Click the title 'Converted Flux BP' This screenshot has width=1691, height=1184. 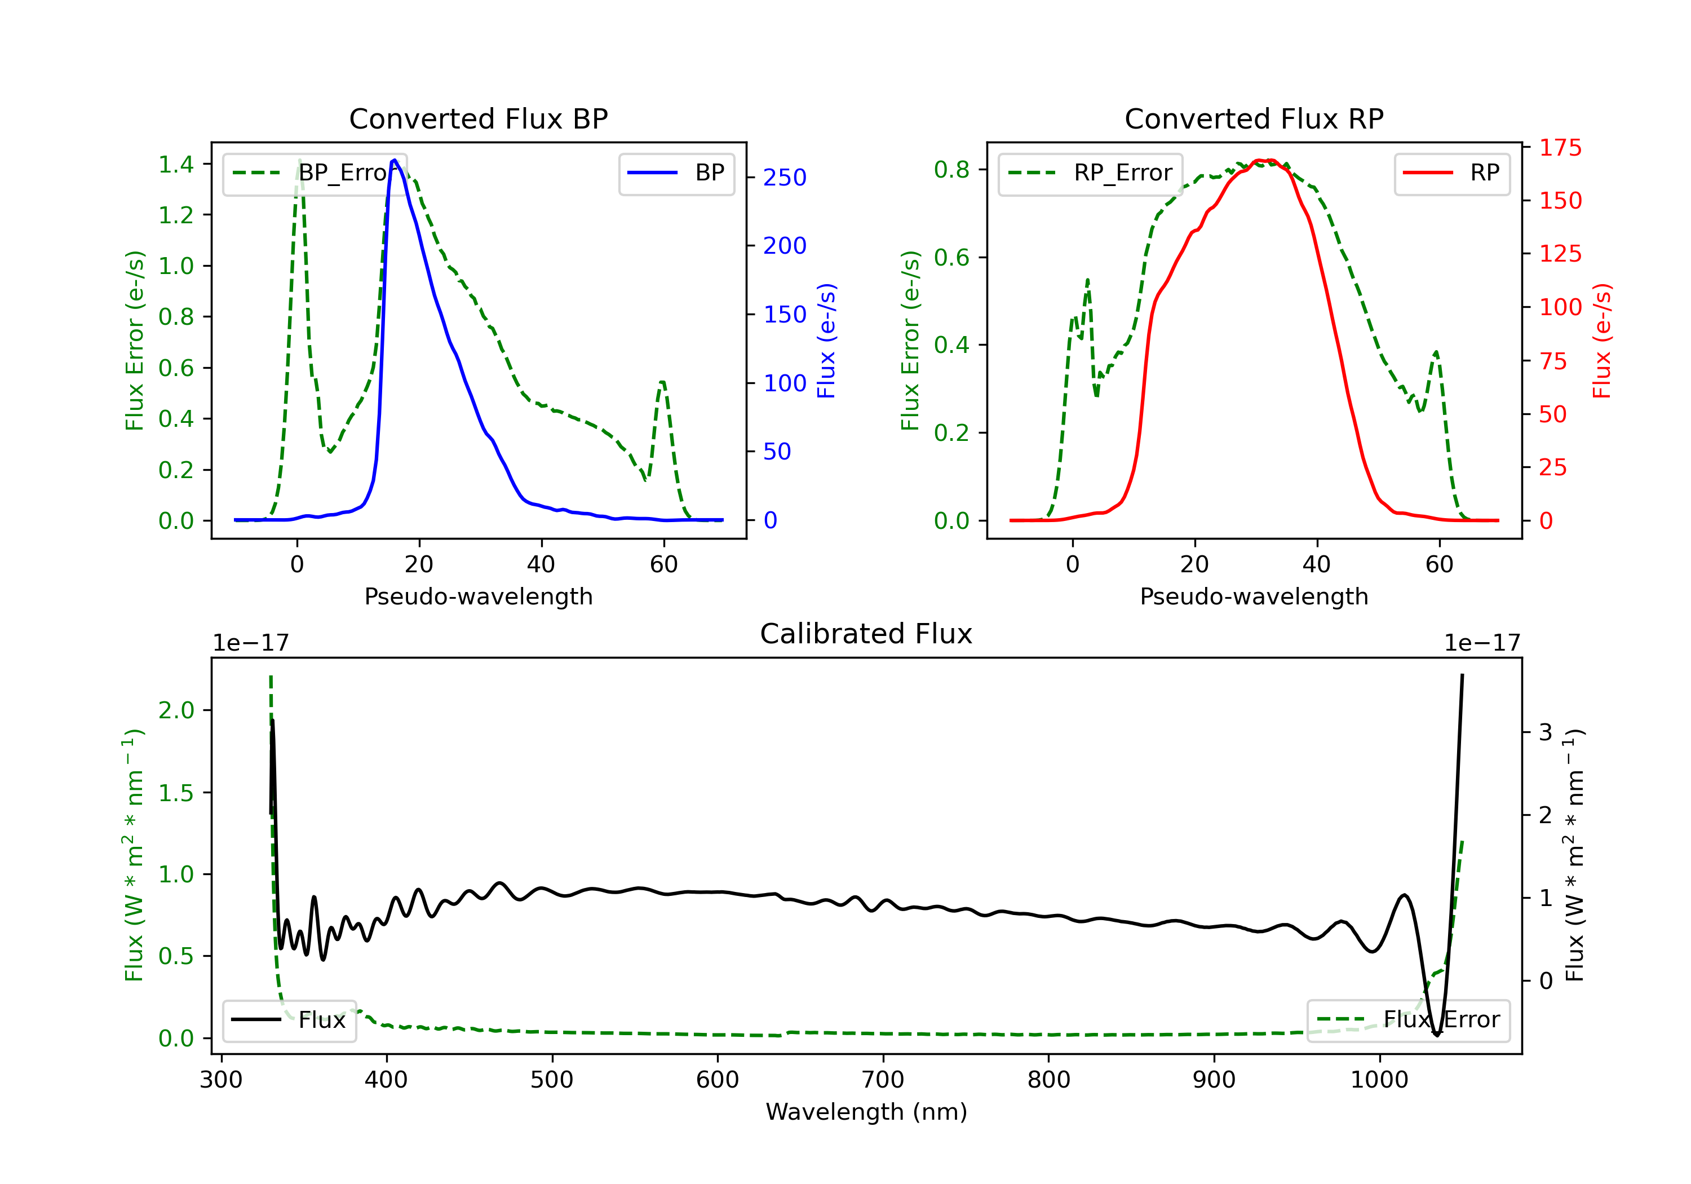pos(478,118)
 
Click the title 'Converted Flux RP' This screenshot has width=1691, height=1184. pos(1254,118)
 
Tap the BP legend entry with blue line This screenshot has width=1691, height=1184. pos(677,173)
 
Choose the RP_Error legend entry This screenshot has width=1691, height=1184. pos(1090,173)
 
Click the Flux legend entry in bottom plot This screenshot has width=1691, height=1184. pos(290,1020)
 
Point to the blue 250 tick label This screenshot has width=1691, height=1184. pos(785,178)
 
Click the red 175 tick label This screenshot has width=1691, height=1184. pos(1560,148)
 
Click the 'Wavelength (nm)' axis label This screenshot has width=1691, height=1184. pos(866,1111)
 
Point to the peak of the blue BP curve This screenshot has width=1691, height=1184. pos(395,160)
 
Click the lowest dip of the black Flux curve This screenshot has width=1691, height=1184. pos(1436,1035)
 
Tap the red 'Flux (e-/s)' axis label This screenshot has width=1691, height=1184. pos(1601,341)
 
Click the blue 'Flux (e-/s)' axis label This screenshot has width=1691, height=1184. pos(826,341)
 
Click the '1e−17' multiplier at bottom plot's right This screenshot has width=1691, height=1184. pos(1482,643)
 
